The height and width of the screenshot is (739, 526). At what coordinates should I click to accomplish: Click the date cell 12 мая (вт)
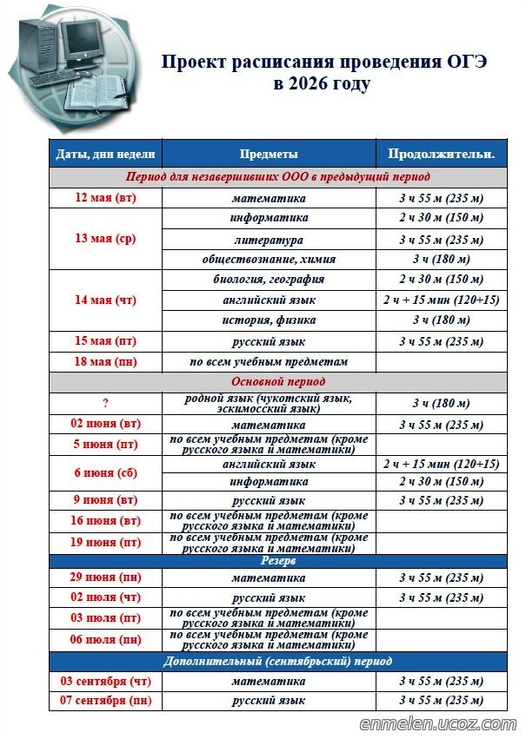click(106, 198)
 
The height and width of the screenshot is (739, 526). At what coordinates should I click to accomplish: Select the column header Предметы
click(269, 154)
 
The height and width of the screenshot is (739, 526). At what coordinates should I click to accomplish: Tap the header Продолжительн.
click(441, 154)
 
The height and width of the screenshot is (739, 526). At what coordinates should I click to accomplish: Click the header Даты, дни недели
click(106, 154)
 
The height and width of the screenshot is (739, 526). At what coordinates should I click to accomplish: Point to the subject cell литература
click(269, 240)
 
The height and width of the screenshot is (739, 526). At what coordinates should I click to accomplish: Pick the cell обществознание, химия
click(269, 260)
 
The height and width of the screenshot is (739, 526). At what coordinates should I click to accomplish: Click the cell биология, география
click(269, 280)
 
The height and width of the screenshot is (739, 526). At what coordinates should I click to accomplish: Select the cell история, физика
click(269, 320)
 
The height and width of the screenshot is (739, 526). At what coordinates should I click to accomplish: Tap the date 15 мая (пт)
click(106, 341)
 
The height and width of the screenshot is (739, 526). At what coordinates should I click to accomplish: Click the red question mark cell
click(106, 403)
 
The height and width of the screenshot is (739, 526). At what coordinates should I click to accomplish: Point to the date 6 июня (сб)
click(106, 472)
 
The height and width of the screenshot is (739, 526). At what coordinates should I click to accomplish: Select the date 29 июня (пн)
click(106, 577)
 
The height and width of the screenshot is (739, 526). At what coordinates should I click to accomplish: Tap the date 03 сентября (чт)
click(106, 682)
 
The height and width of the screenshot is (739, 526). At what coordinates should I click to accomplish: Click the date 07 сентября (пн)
click(106, 701)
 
